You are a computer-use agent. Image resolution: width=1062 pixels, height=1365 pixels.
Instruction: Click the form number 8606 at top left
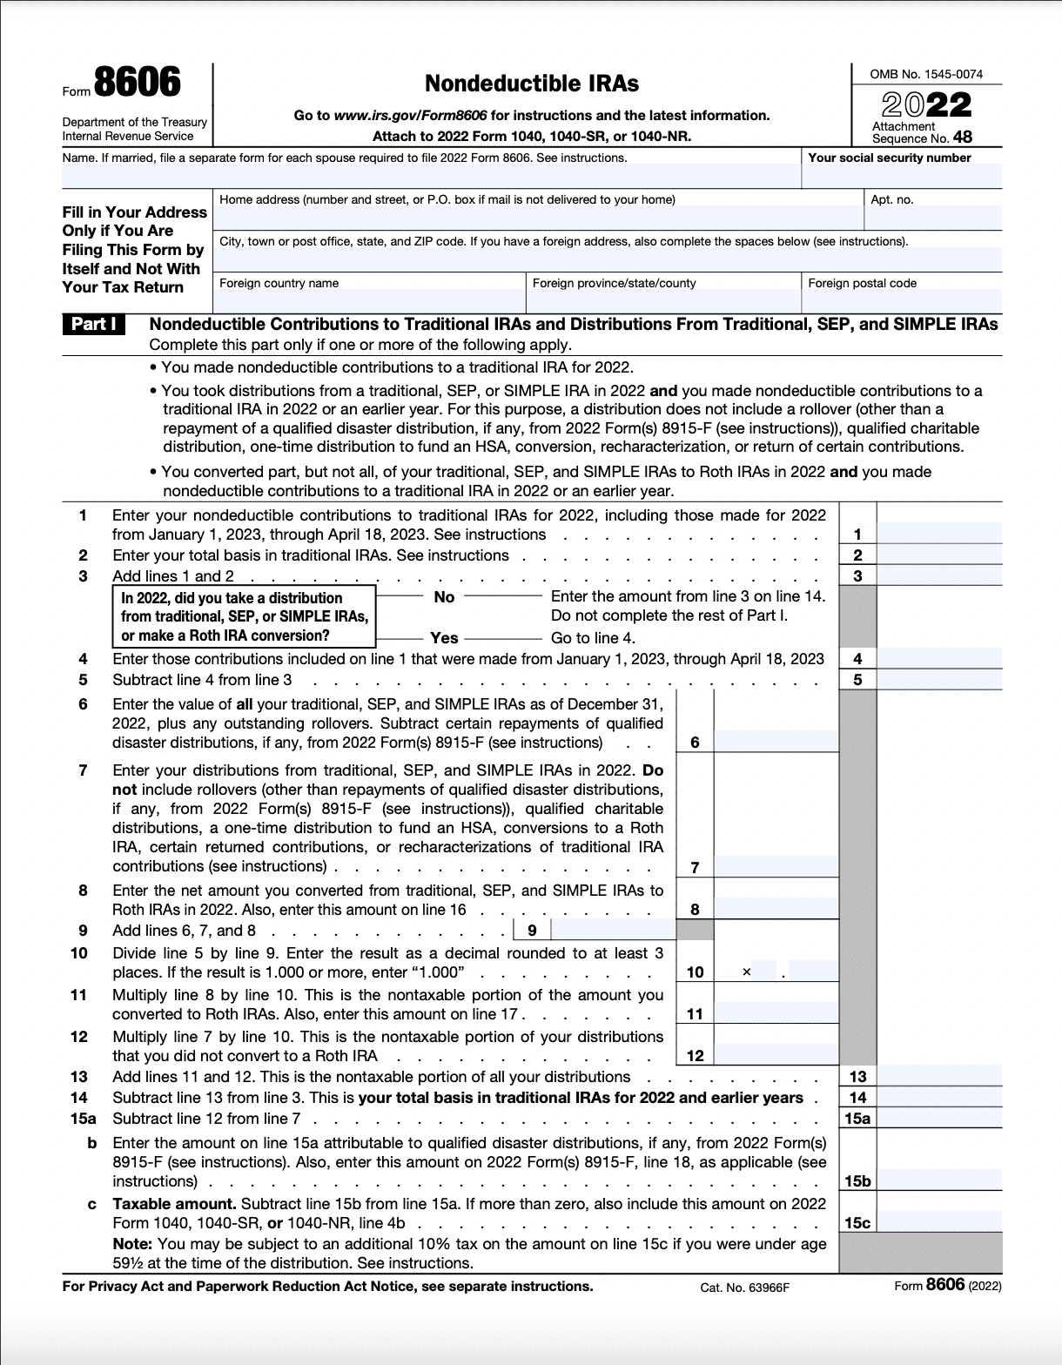click(137, 84)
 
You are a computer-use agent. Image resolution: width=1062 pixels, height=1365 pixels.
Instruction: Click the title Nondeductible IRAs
click(531, 84)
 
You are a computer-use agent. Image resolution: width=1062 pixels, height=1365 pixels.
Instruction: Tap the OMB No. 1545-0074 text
click(926, 74)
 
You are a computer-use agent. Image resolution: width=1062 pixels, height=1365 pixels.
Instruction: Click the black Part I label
click(93, 325)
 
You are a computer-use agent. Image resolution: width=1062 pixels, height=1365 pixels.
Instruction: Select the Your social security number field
click(901, 177)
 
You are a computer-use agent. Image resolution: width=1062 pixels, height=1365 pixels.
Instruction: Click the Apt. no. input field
click(933, 218)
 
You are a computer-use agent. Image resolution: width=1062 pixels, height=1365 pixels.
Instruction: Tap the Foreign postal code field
click(901, 300)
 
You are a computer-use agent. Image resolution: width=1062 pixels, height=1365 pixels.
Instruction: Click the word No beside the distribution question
click(444, 597)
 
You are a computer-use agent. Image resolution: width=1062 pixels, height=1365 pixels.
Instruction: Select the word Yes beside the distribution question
click(444, 637)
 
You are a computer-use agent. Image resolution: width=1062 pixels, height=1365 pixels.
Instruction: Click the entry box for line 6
click(775, 742)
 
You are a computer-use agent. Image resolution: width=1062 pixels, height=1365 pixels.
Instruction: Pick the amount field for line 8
click(775, 909)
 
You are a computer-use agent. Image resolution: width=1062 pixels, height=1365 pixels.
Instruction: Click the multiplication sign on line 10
click(746, 972)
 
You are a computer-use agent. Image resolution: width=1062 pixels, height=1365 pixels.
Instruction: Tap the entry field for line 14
click(938, 1098)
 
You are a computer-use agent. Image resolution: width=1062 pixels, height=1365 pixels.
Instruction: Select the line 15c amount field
click(938, 1223)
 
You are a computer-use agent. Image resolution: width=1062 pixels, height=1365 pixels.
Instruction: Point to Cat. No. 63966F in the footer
click(744, 1288)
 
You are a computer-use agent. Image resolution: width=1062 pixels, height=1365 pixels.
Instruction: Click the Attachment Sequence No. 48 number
click(962, 138)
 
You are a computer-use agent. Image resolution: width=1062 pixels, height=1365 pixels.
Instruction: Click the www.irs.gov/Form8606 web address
click(410, 115)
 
